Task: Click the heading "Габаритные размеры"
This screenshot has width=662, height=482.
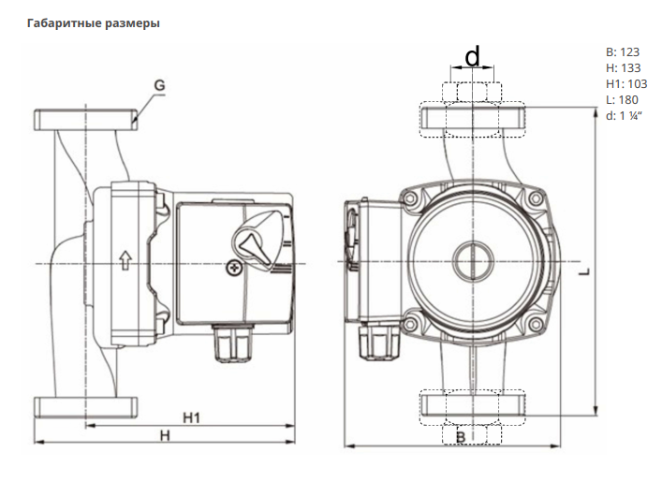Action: (94, 23)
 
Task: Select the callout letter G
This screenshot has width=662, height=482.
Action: (159, 85)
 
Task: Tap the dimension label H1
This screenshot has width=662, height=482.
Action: (191, 417)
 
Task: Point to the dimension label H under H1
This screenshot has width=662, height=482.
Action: (165, 435)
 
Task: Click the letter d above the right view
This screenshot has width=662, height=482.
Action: (473, 56)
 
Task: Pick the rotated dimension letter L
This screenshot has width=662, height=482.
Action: (583, 272)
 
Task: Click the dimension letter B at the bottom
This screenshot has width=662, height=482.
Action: (461, 437)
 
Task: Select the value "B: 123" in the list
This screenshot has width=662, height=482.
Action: (623, 51)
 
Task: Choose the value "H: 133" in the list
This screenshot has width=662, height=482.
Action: (624, 68)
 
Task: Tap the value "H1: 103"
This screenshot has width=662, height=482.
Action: (626, 84)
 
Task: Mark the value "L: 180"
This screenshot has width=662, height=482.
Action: (622, 100)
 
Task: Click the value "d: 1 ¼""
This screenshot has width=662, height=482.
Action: (624, 116)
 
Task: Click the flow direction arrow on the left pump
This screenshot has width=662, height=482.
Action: (125, 260)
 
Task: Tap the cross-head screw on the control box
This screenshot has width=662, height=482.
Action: (233, 268)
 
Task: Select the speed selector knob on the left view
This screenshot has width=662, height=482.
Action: (254, 241)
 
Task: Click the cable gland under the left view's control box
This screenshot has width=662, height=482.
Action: (231, 343)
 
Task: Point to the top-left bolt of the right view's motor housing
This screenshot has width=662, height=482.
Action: (408, 198)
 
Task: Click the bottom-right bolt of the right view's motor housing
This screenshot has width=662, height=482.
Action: (536, 324)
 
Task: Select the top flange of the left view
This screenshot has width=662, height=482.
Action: (86, 120)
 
